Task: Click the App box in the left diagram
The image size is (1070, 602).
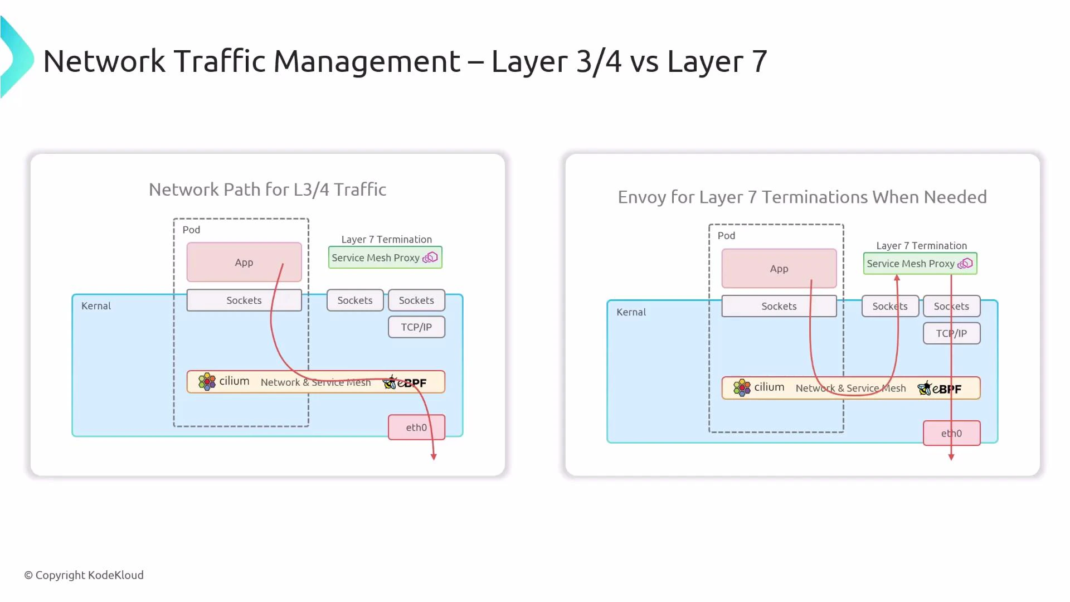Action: (244, 262)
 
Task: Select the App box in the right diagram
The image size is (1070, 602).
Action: (779, 268)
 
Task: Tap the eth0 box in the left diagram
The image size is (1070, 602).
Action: (416, 427)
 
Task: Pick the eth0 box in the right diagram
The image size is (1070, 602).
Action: (951, 433)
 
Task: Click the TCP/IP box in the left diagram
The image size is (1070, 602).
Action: (416, 327)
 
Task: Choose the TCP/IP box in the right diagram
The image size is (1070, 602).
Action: (951, 333)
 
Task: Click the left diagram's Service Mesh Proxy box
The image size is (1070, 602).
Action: (385, 258)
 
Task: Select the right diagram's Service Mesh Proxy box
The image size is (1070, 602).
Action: (920, 264)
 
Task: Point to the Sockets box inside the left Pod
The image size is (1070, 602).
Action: (244, 300)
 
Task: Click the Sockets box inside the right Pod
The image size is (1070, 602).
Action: (779, 307)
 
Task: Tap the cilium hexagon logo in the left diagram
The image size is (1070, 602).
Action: (207, 382)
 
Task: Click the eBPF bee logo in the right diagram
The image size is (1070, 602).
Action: (924, 388)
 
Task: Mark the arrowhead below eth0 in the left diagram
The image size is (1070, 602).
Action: (434, 457)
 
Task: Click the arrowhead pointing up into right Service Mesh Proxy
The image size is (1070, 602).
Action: (897, 278)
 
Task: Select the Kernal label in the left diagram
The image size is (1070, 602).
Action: (96, 306)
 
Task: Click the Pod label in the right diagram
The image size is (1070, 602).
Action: (726, 236)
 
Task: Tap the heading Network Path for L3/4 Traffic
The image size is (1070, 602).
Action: (267, 190)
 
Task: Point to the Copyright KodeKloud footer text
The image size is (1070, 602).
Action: (84, 575)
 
